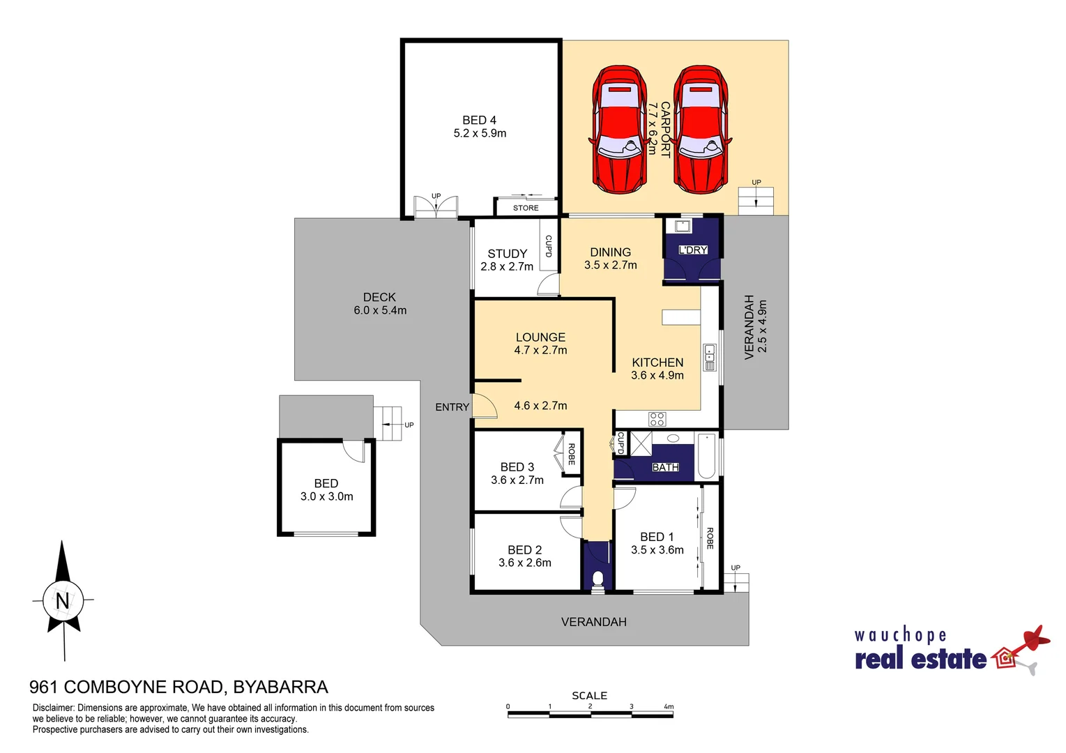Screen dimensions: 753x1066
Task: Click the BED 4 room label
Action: point(480,126)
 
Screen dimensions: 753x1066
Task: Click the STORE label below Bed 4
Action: point(526,208)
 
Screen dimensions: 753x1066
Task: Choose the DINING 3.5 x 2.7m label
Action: point(610,258)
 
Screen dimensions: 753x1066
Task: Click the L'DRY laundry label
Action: point(693,250)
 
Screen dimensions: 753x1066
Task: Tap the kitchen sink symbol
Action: point(709,357)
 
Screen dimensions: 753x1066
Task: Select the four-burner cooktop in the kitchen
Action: point(657,418)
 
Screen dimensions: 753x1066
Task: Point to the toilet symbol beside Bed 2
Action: point(597,579)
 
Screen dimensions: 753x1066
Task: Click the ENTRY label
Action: point(452,407)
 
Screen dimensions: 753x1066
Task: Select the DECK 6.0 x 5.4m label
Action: point(379,303)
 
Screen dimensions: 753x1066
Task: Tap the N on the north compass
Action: point(63,600)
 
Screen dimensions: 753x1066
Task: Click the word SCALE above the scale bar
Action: point(589,695)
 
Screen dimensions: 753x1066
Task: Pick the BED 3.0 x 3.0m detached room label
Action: point(326,489)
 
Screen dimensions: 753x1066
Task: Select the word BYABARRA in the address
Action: point(280,687)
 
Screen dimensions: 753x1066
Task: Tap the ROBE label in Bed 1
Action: point(710,538)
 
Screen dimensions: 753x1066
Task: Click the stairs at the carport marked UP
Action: point(756,201)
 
